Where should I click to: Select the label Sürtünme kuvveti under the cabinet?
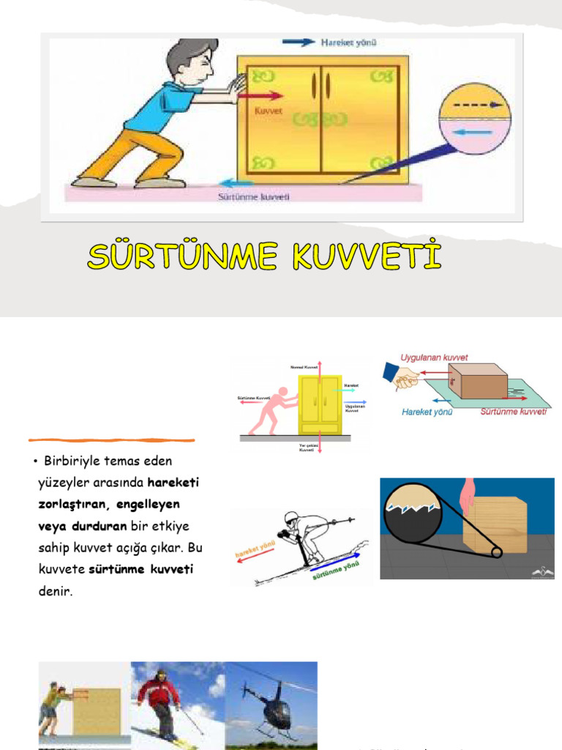pos(255,196)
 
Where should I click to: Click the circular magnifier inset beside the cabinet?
pos(475,119)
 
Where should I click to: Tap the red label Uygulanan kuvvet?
pos(434,357)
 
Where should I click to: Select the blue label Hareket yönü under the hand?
pos(427,412)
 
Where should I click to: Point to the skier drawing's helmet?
pos(291,516)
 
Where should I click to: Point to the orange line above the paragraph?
pos(111,441)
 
